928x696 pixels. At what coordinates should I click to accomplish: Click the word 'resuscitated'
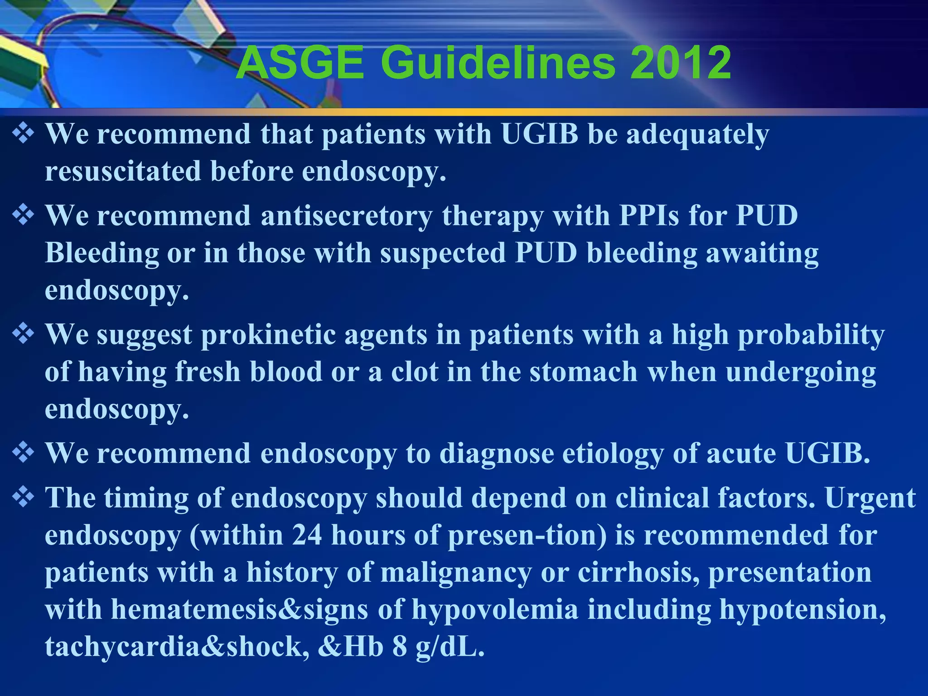(x=123, y=171)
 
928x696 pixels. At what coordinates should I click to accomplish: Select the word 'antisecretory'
(x=347, y=215)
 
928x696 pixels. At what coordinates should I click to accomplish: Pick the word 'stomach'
(x=584, y=372)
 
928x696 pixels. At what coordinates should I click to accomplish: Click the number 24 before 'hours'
(x=307, y=535)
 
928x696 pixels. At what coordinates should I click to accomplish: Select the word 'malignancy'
(x=456, y=572)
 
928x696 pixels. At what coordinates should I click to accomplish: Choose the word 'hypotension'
(x=802, y=609)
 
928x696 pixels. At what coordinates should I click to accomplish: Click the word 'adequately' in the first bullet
(x=698, y=135)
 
